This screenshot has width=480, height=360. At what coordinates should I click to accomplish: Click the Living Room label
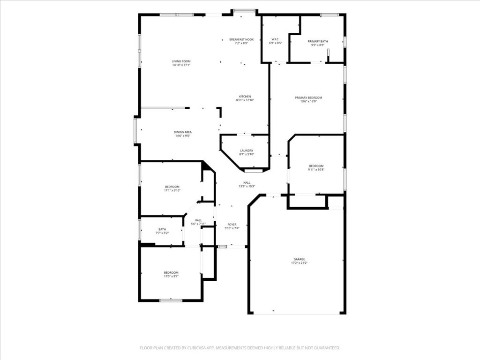point(181,61)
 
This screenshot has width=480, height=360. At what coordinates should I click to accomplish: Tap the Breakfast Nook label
point(241,39)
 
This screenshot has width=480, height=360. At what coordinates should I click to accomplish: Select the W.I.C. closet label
point(275,39)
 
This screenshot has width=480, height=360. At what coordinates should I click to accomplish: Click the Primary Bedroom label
point(308,97)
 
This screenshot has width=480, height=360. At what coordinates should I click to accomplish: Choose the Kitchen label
point(245,97)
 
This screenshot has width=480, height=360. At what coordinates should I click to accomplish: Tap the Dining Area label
point(182,132)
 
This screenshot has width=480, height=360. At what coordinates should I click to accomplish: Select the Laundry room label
point(247,150)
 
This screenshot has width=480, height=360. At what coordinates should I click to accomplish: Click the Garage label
point(299,259)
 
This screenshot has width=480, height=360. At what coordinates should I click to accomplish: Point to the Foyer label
point(232,225)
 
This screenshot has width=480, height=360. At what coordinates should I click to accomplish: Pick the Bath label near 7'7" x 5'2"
point(162,229)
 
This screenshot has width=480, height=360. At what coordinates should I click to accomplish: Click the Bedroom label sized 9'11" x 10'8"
point(316,166)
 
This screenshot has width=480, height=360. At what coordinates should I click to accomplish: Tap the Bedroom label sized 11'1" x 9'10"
point(172,187)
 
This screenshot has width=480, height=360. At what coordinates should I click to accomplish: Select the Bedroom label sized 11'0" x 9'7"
point(171,273)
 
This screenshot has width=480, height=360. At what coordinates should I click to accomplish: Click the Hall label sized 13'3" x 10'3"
point(247,183)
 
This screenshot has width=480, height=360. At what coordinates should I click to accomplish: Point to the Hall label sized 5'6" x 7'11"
point(198,220)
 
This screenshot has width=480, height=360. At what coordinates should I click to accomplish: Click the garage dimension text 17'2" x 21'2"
point(299,263)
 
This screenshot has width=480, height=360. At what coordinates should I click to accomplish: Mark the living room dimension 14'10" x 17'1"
point(181,65)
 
